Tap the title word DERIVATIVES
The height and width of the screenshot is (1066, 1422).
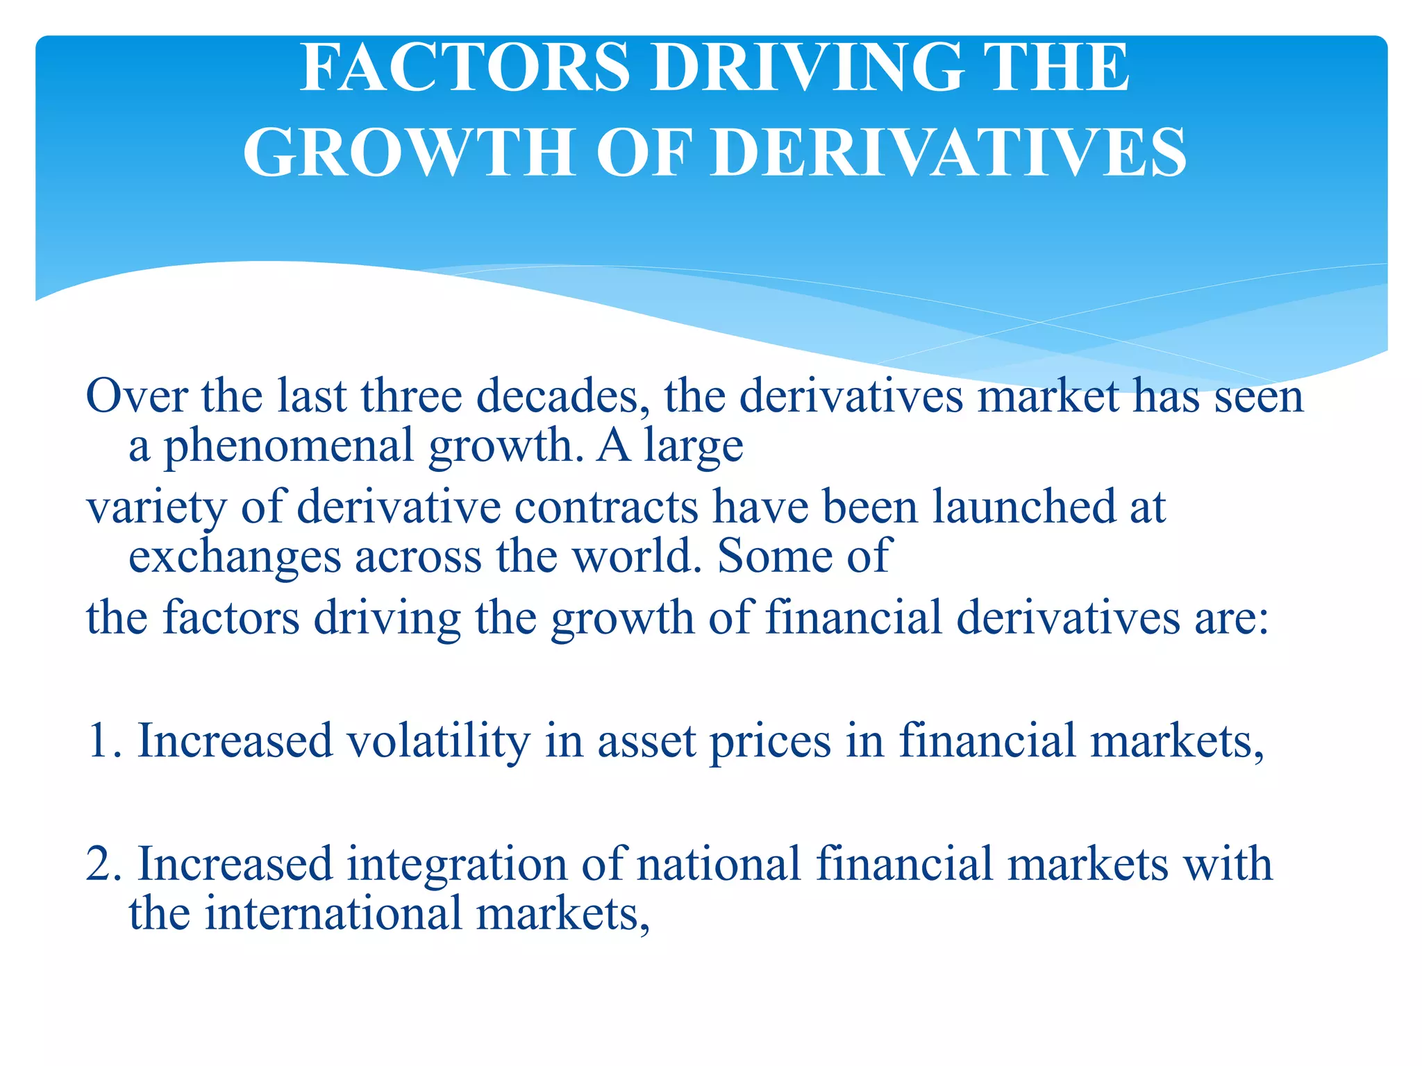(949, 153)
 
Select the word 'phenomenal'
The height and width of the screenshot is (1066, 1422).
(289, 446)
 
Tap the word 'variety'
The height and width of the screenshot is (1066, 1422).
(156, 507)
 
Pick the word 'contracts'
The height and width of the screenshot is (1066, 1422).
(606, 507)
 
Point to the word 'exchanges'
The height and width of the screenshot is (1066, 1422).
(235, 557)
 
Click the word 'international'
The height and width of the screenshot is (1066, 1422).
(333, 913)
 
